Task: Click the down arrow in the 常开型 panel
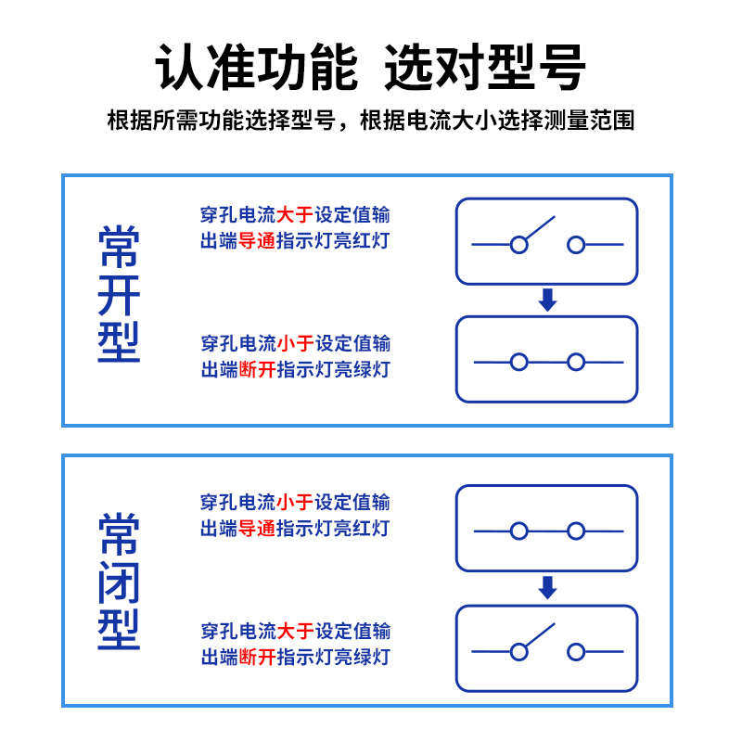(547, 301)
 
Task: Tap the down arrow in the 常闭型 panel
(547, 588)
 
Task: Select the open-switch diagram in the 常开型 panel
(547, 241)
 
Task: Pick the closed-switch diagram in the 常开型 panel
(547, 360)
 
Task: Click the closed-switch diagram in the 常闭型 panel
(547, 529)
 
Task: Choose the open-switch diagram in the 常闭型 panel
(547, 647)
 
